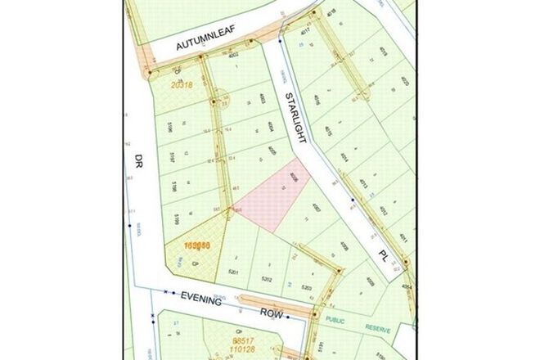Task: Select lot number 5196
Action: click(x=169, y=128)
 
